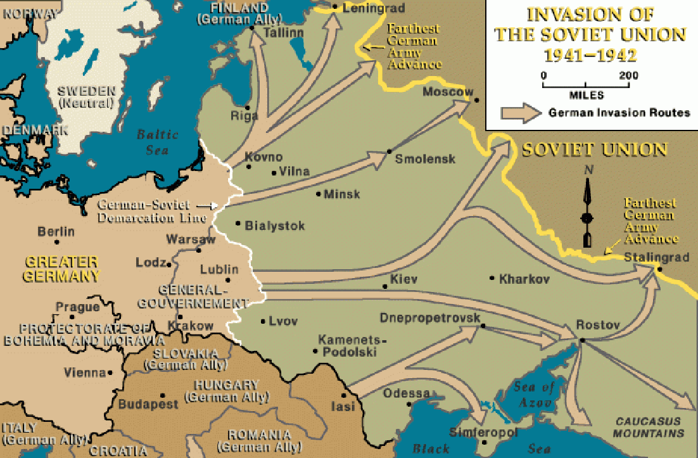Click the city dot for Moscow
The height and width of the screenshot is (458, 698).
[x=476, y=99]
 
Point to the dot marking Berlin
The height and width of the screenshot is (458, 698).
[x=56, y=241]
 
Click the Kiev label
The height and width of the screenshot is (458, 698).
[x=403, y=279]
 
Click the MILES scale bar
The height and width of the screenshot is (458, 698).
[x=586, y=85]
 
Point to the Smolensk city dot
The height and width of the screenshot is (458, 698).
[x=389, y=151]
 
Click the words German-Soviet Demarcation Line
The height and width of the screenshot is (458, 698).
[x=152, y=212]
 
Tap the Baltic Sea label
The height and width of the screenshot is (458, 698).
[x=158, y=142]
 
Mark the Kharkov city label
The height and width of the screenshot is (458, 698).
[x=524, y=279]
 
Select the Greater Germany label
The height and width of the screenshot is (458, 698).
[x=61, y=269]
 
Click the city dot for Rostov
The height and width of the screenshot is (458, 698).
[x=581, y=341]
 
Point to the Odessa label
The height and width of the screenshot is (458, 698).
[x=406, y=393]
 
